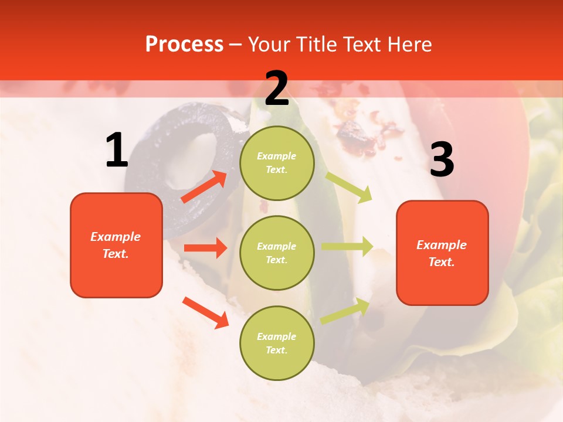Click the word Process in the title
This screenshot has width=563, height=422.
[184, 45]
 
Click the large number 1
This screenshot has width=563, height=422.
[116, 150]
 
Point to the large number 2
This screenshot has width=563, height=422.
[277, 89]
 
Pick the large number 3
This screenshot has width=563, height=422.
[442, 159]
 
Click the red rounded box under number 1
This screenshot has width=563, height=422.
[116, 245]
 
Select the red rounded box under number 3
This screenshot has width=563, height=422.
[442, 253]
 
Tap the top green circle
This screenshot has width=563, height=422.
[277, 163]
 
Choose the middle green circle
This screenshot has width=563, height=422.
[277, 253]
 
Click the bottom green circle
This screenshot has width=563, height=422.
[277, 343]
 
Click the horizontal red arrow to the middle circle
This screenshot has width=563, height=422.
[205, 248]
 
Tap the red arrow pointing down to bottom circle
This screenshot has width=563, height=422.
[206, 312]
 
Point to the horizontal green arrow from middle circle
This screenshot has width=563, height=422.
[347, 247]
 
